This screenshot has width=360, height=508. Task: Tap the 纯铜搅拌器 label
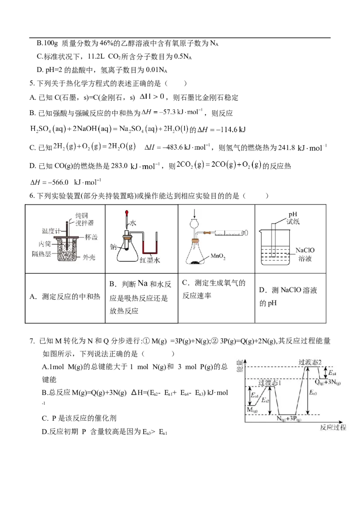coord(76,219)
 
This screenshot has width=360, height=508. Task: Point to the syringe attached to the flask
coord(229,233)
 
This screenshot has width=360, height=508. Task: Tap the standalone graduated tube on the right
coord(273,241)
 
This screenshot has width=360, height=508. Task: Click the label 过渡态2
coord(310,362)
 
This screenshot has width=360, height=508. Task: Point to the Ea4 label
coord(332,373)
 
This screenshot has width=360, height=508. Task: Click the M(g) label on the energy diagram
coord(252,410)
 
